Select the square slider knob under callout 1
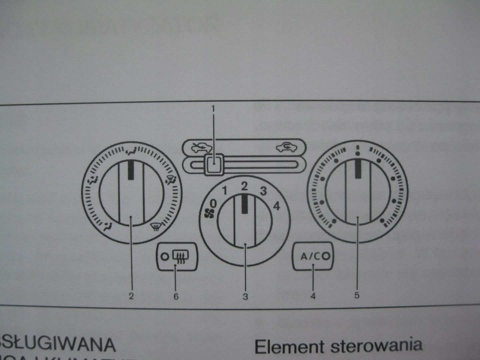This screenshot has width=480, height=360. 213,164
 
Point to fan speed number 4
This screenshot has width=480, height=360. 276,206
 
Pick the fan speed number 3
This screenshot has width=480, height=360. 263,191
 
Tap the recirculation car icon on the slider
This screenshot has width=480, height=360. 286,147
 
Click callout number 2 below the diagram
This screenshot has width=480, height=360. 131,296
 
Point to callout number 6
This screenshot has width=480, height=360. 176,296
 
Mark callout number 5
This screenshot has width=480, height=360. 357,295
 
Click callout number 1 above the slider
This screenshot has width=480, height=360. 213,109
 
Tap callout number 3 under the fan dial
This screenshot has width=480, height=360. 245,296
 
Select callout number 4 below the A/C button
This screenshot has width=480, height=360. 313,296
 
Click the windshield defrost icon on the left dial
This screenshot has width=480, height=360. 155,227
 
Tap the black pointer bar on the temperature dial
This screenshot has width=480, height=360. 358,168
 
